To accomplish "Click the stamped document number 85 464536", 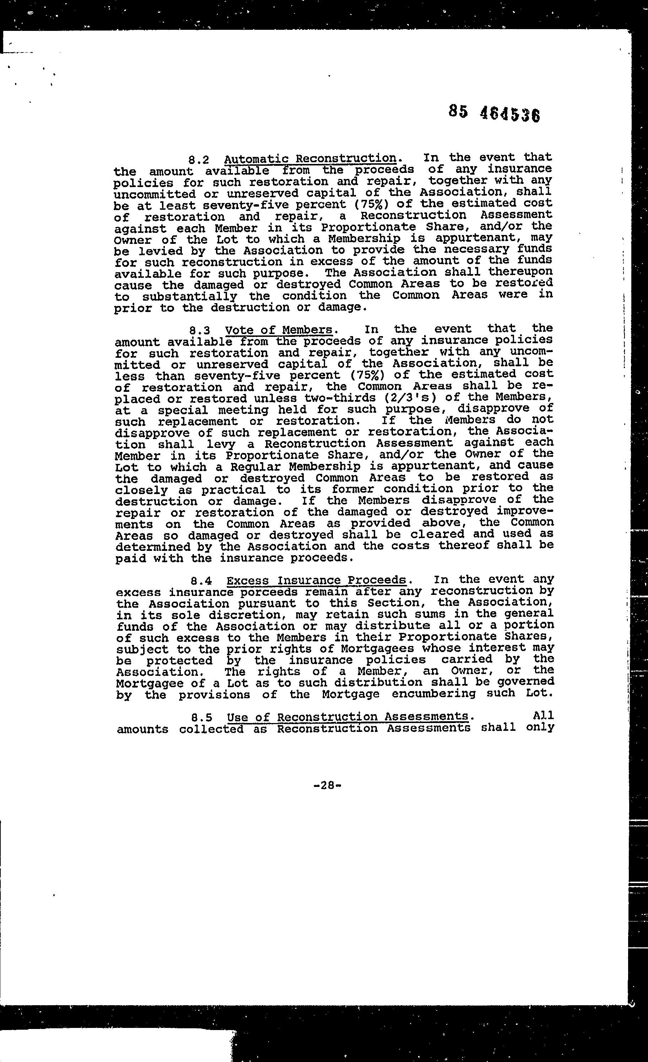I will [495, 113].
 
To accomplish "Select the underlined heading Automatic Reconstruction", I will [310, 159].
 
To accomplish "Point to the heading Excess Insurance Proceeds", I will [316, 580].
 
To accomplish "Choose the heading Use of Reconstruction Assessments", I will [348, 716].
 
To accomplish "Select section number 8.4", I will [201, 581].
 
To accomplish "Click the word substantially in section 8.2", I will [190, 296].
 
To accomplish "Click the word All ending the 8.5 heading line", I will [544, 716].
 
